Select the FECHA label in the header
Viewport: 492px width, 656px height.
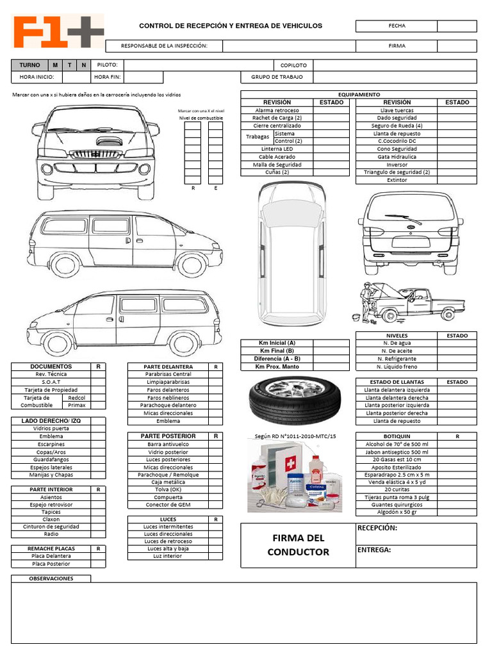point(397,26)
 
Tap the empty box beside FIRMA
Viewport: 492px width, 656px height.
point(457,46)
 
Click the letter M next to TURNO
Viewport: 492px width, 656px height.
point(55,65)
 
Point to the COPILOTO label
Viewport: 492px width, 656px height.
point(293,65)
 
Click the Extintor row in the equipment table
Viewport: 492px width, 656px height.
point(397,180)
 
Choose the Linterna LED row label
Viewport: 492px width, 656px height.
point(277,149)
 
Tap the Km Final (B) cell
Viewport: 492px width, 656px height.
point(277,350)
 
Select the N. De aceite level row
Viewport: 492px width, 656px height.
point(397,351)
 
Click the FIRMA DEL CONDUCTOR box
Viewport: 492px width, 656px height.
point(298,545)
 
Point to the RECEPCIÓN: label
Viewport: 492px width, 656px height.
point(377,529)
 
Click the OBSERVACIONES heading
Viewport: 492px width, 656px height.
point(51,578)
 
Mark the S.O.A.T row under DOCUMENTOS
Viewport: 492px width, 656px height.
point(51,382)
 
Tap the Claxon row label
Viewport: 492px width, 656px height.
point(51,519)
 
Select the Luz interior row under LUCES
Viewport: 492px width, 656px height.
point(168,556)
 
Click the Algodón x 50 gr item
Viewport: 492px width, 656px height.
point(397,512)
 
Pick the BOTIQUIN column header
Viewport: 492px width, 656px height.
point(397,436)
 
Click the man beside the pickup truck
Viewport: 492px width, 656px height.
point(367,298)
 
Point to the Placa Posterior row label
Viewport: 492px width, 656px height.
point(51,564)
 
